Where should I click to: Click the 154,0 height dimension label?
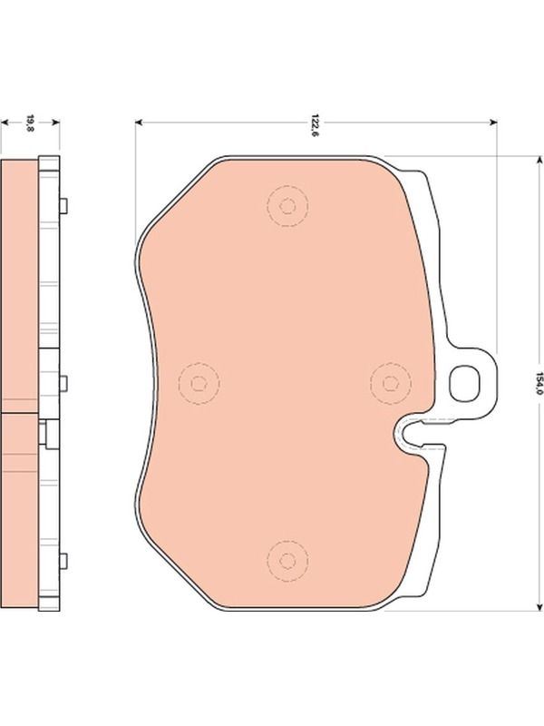coord(538,383)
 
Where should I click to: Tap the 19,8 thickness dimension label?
coord(30,123)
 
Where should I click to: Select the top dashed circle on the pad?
coord(287,206)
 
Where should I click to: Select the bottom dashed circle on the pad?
coord(287,561)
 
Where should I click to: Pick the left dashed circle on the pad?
coord(199,383)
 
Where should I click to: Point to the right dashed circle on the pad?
coord(391,383)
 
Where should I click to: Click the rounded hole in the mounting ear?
coord(464,383)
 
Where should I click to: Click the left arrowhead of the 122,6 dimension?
coord(139,123)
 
